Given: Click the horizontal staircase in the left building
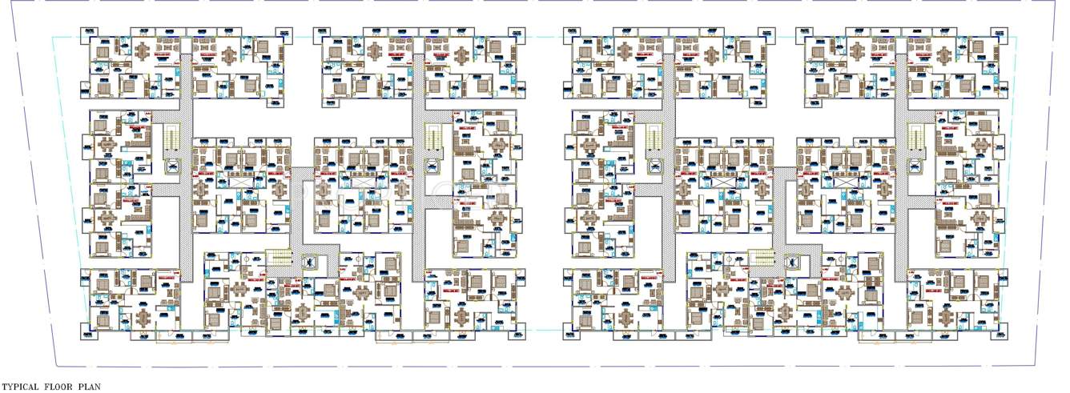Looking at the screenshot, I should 278,258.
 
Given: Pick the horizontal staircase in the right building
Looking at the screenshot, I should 760,258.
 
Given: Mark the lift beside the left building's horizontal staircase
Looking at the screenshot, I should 308,261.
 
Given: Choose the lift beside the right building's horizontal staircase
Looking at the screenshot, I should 791,261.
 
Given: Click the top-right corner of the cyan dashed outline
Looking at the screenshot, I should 1018,38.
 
